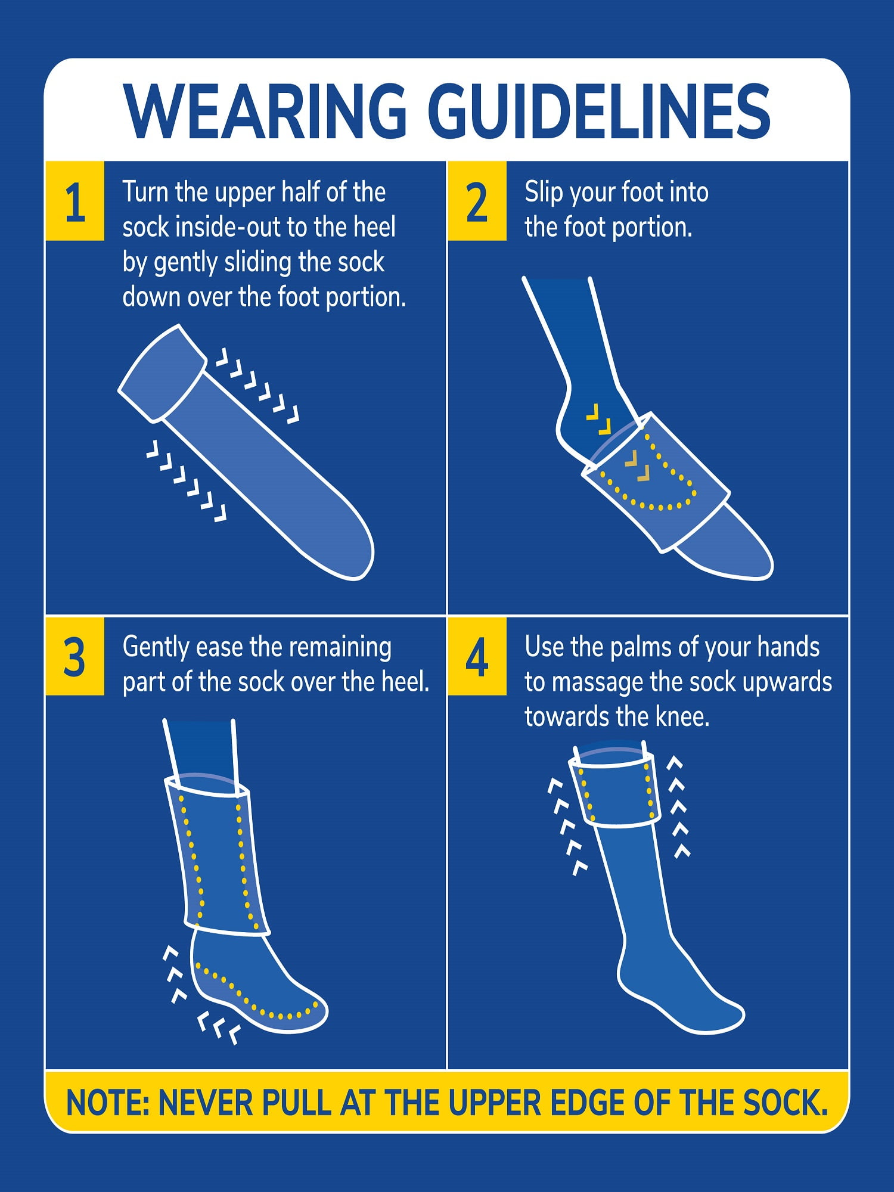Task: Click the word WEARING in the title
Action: click(x=265, y=111)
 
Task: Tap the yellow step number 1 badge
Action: click(x=75, y=201)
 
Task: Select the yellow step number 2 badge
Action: click(x=477, y=201)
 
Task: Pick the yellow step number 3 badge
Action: click(x=75, y=656)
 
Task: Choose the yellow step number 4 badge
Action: click(x=477, y=656)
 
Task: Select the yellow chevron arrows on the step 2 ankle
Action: click(x=599, y=418)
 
